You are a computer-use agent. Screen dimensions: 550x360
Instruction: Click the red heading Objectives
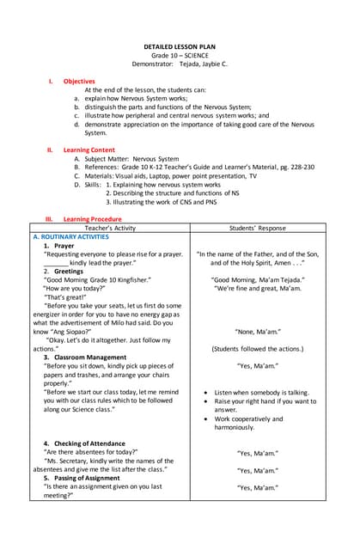tap(79, 82)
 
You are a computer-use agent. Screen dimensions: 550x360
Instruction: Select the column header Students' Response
tap(256, 229)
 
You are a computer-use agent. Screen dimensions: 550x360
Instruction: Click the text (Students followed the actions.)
tap(256, 349)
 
